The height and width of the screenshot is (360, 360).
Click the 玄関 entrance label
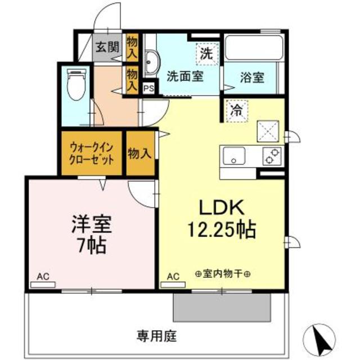[x=106, y=47]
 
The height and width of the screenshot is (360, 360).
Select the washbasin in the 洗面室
[x=151, y=61]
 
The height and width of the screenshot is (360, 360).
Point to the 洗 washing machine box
[x=206, y=55]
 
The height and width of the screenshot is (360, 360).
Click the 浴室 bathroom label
[x=252, y=77]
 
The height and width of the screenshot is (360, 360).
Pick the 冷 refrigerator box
[x=236, y=110]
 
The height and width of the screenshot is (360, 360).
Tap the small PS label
[x=148, y=88]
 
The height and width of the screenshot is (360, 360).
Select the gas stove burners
[x=273, y=155]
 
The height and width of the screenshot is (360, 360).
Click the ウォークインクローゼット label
[x=92, y=152]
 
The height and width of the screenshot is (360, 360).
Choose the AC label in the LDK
[x=173, y=276]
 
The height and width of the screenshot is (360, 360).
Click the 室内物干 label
[x=223, y=274]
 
